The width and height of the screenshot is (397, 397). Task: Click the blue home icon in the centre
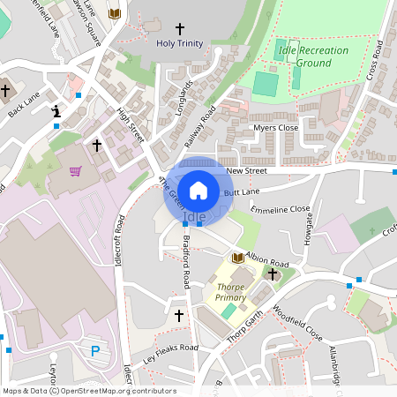[198, 190]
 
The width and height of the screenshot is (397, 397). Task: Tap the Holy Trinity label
[179, 43]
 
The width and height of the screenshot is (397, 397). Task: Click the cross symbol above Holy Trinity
[179, 28]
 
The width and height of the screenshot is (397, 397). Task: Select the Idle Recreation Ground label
[313, 56]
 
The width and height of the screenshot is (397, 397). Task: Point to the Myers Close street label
[276, 128]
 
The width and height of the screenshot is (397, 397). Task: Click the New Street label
[245, 170]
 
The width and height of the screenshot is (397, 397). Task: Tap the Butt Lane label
[242, 191]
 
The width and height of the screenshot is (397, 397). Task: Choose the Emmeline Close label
[281, 210]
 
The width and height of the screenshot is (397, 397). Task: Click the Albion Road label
[267, 262]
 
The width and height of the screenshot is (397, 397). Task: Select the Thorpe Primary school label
[231, 292]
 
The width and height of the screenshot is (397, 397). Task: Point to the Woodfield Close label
[296, 324]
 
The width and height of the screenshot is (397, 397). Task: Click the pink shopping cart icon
[76, 171]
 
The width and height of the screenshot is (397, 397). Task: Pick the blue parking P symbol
[95, 351]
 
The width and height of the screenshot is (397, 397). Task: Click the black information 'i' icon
[56, 111]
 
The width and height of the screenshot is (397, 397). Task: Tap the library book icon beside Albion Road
[237, 258]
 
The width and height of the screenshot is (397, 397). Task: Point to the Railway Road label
[200, 129]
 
